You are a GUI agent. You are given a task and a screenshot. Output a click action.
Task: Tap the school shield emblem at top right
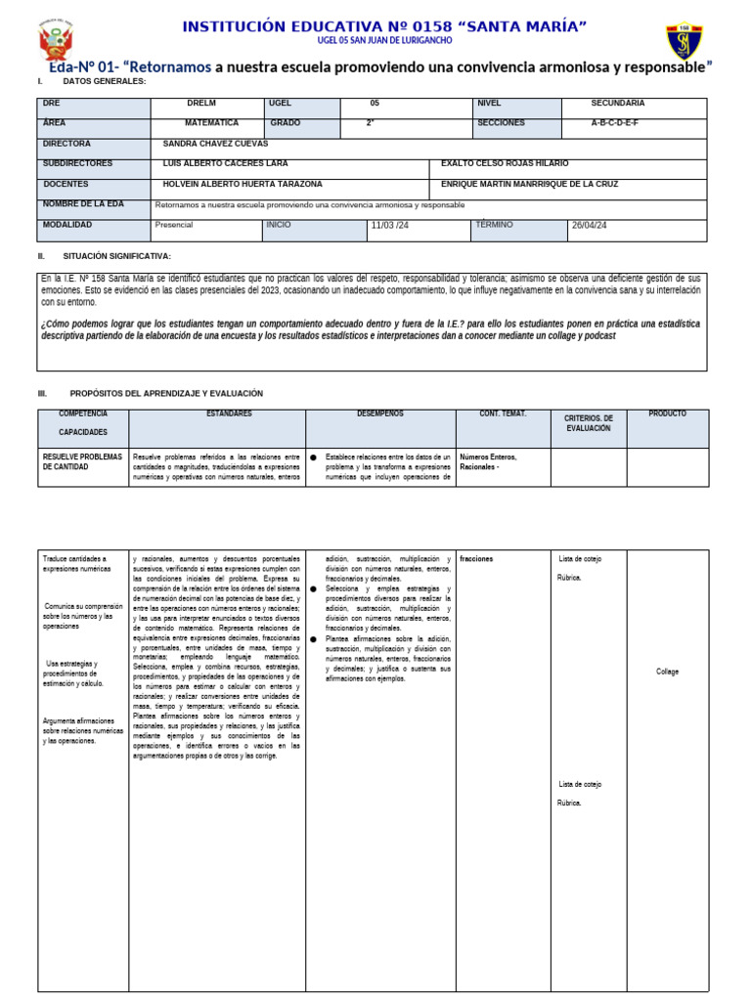click(684, 41)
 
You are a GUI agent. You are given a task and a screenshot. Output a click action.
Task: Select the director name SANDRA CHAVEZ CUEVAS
click(215, 144)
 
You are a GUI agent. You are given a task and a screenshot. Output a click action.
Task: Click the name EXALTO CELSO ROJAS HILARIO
click(505, 164)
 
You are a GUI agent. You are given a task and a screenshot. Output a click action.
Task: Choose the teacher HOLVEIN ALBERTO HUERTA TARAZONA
click(242, 185)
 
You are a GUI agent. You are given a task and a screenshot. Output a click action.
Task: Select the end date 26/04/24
click(590, 226)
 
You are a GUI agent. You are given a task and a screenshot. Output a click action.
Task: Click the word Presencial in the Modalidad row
click(174, 225)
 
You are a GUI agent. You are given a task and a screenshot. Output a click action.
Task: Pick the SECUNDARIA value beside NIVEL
click(617, 103)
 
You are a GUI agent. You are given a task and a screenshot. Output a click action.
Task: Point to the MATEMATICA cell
click(211, 123)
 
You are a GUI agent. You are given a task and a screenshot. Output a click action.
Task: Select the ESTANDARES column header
click(229, 414)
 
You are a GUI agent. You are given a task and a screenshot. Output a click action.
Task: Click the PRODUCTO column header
click(667, 414)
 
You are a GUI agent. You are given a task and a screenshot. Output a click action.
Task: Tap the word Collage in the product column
click(667, 672)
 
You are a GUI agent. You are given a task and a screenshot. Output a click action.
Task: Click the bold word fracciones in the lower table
click(476, 559)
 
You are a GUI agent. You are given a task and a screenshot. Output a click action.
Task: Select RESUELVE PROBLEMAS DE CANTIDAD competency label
click(82, 461)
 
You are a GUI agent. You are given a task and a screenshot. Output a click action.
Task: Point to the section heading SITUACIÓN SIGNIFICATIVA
click(120, 256)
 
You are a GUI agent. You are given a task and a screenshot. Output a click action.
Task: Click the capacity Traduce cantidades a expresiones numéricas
click(76, 563)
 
